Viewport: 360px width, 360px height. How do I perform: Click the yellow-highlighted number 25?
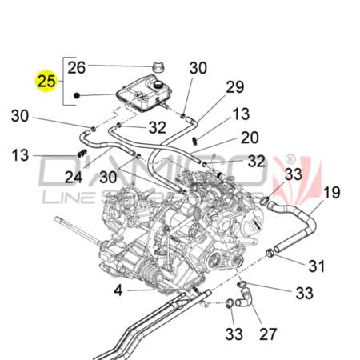point(46,81)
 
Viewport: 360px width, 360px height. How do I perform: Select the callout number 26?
point(76,67)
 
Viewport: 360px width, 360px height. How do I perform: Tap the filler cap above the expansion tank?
point(154,68)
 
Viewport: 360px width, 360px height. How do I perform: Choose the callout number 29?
point(234,87)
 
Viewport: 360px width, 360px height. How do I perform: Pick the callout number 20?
point(250,137)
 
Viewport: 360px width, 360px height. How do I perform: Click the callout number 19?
point(331,192)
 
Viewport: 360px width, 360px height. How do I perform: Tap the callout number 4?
point(118,290)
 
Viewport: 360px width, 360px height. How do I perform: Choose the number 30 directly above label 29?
point(198,69)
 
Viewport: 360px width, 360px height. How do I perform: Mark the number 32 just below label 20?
point(256,161)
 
